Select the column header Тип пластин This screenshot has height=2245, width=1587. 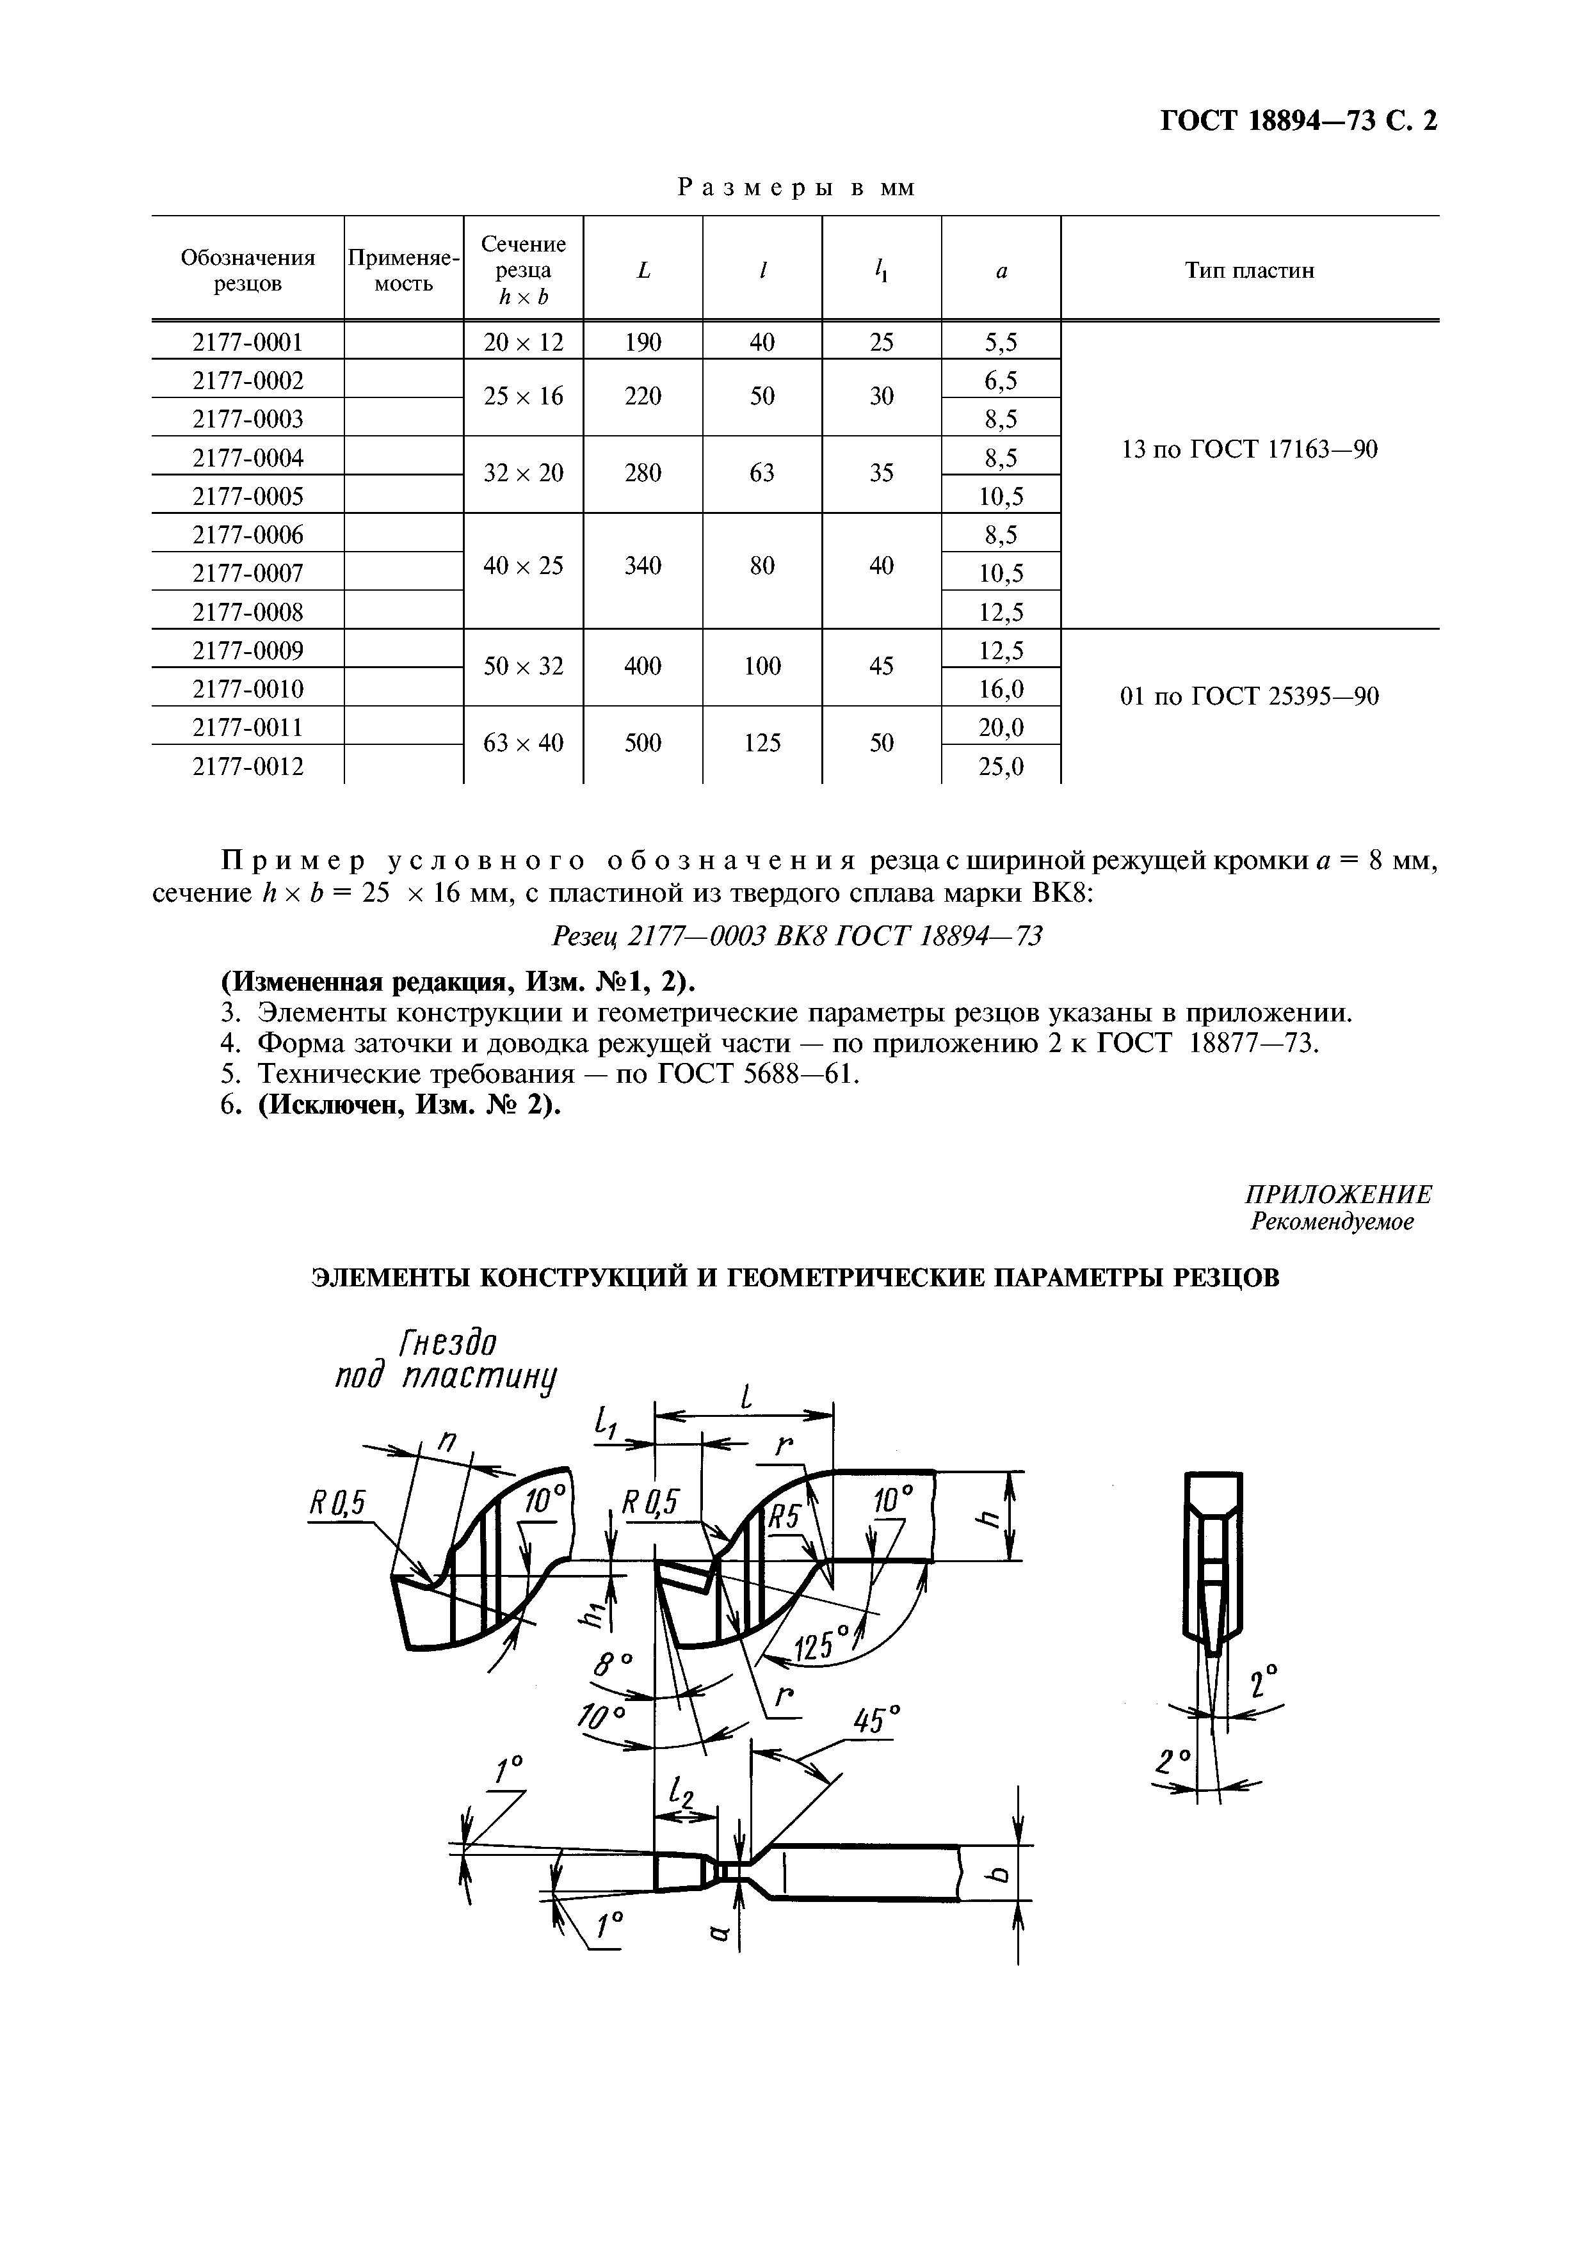(1250, 271)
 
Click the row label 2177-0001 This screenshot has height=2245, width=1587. (248, 342)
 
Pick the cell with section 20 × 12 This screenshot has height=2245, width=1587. (524, 342)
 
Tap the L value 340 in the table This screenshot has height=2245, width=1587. (643, 565)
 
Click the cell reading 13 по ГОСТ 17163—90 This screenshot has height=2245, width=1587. (1250, 450)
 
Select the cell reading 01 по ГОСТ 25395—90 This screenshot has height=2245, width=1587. (1250, 696)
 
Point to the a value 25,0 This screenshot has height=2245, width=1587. (1001, 767)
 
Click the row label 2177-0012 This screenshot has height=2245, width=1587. (248, 767)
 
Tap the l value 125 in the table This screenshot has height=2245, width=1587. (762, 743)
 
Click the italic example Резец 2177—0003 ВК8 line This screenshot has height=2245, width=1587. (797, 937)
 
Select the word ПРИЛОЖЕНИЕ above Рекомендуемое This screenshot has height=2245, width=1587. (1338, 1195)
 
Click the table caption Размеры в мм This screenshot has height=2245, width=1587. (797, 188)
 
